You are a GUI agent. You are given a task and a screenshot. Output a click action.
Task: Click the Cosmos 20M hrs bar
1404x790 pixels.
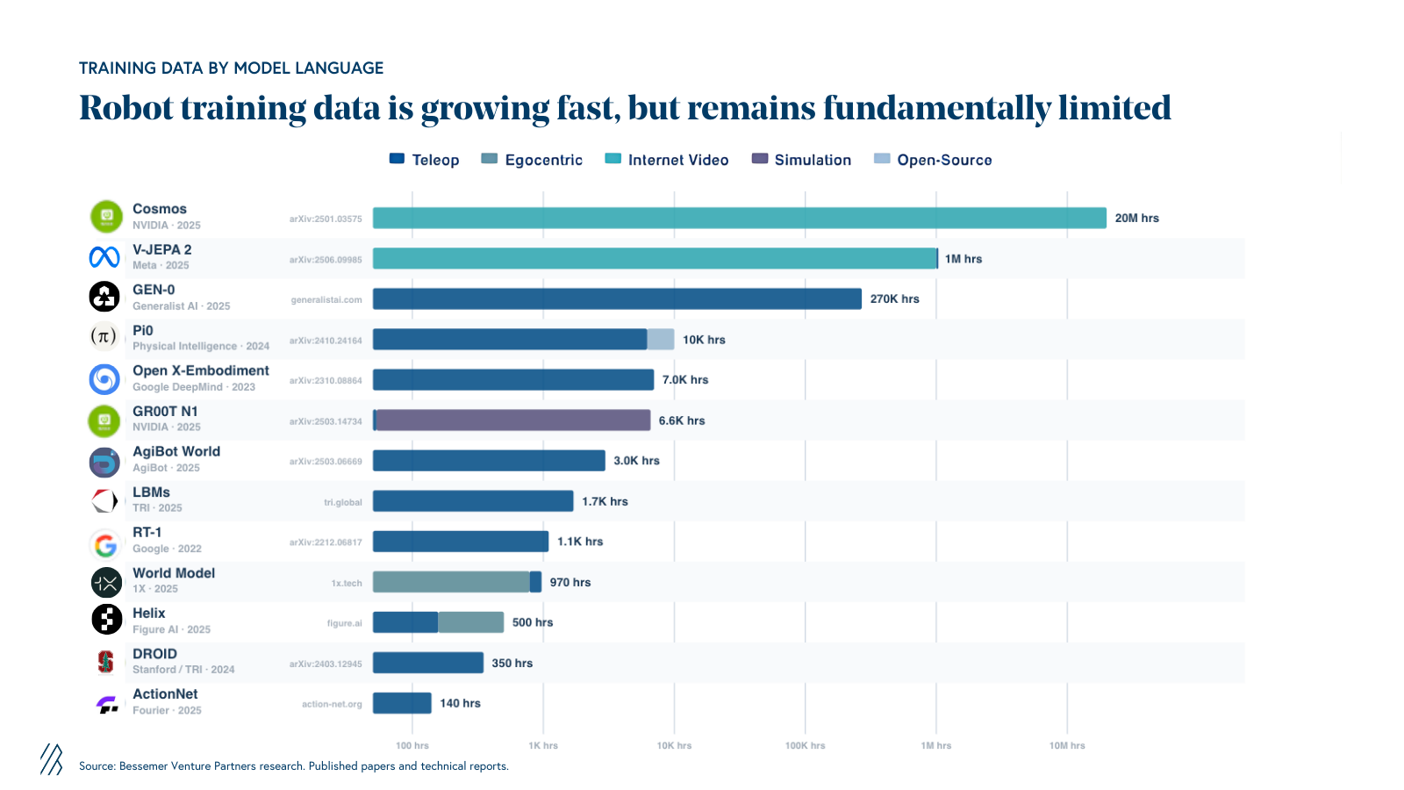(x=739, y=218)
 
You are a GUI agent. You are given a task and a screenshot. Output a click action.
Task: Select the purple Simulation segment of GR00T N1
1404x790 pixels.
(x=513, y=420)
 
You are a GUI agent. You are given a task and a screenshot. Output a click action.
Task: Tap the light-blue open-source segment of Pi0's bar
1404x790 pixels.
(x=661, y=340)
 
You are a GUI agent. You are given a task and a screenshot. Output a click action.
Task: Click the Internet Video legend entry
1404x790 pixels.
(x=667, y=160)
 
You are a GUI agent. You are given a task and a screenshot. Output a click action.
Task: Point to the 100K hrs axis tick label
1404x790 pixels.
(x=805, y=745)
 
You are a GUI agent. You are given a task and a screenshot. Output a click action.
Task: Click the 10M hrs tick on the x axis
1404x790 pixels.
(x=1067, y=745)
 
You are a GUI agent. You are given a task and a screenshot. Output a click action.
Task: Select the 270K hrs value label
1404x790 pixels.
(x=894, y=299)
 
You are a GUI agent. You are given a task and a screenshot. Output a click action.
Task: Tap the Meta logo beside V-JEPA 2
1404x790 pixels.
(x=104, y=257)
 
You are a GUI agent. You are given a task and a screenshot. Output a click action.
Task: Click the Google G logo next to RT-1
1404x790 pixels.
(x=105, y=546)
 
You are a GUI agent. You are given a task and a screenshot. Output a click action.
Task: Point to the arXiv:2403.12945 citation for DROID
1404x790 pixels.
(x=326, y=664)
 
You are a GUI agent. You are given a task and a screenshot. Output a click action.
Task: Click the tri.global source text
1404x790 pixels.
(x=342, y=502)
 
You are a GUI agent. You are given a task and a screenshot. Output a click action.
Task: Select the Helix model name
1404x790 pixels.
(x=148, y=614)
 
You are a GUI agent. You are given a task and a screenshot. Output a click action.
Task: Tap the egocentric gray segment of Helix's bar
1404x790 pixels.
(x=470, y=622)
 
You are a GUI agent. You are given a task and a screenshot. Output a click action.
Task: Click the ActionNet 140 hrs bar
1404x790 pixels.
(x=402, y=703)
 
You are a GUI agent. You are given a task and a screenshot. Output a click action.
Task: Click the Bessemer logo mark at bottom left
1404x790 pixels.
(x=51, y=759)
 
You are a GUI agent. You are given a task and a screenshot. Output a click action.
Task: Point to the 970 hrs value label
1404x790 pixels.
(x=569, y=582)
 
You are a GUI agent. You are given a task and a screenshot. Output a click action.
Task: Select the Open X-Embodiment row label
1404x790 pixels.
(x=200, y=371)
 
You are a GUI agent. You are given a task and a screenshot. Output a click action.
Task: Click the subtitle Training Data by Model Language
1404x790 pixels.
(x=231, y=68)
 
